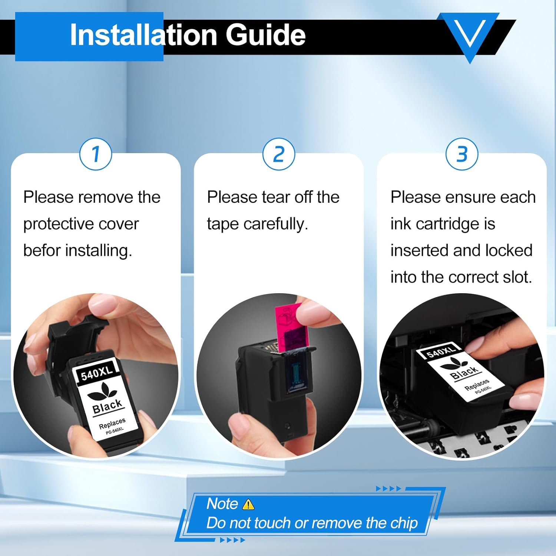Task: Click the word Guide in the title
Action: (x=266, y=35)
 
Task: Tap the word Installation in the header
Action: (x=143, y=35)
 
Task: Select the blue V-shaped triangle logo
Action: (x=470, y=37)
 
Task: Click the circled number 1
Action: (x=96, y=154)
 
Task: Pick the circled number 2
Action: (x=279, y=154)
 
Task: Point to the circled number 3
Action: (x=462, y=154)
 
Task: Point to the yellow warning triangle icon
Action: (x=248, y=504)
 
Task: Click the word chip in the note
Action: (x=404, y=523)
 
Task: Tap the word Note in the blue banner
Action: (x=222, y=504)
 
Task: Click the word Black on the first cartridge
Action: (x=107, y=406)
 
